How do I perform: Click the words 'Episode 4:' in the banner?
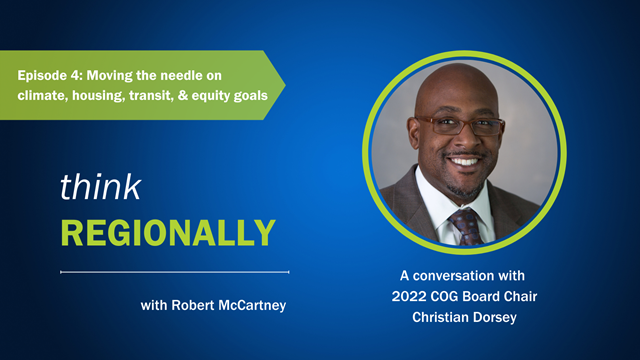tap(49, 75)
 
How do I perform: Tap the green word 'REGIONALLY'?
tap(167, 232)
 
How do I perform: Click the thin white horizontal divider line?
tap(175, 271)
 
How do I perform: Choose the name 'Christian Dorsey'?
tap(469, 318)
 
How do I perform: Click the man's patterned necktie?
tap(465, 226)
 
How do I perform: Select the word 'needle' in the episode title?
tap(175, 75)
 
